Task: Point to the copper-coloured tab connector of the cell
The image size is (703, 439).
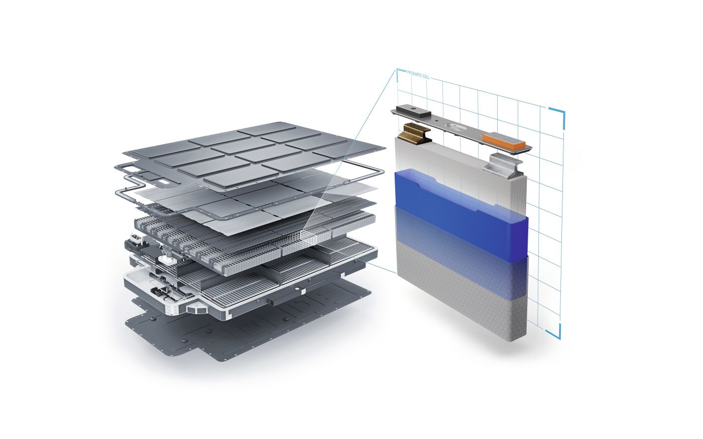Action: click(x=415, y=134)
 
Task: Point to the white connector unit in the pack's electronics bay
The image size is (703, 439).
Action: click(x=165, y=261)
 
